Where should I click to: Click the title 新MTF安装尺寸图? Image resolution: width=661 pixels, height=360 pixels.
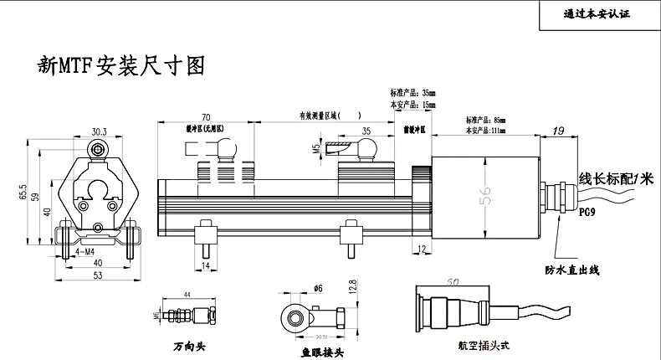pos(121,65)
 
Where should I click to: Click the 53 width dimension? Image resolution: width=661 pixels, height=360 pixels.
pos(98,275)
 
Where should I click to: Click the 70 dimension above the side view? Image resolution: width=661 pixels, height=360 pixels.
pos(205,117)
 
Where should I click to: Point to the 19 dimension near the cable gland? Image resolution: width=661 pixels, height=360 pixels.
pos(560,131)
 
